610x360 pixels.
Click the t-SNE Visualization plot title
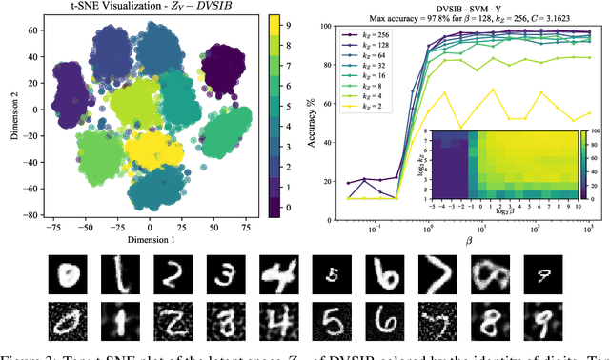tap(151, 9)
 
